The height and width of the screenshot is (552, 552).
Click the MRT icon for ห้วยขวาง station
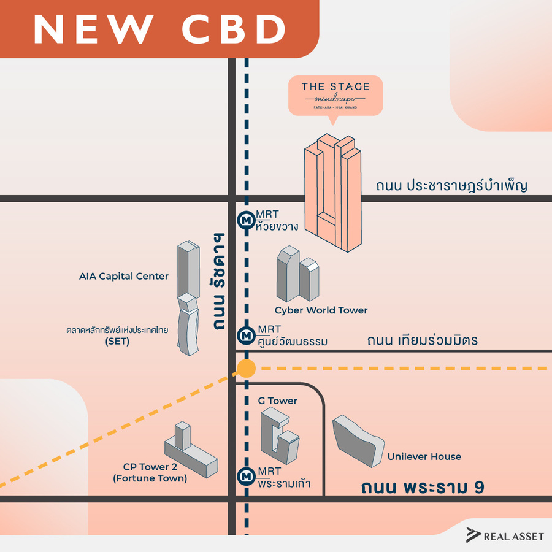point(247,219)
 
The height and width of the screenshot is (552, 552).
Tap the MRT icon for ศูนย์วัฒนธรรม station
point(247,335)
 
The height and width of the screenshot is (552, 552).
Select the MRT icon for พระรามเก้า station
point(247,476)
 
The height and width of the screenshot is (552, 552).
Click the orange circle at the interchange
point(246,369)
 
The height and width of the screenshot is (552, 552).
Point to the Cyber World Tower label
point(321,310)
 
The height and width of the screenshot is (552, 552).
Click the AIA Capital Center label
point(124,276)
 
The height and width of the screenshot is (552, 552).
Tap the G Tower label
point(278,401)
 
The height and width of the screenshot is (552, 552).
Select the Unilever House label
point(424,456)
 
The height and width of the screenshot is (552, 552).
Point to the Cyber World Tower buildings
point(297,274)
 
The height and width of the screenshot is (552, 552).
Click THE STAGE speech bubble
point(335,96)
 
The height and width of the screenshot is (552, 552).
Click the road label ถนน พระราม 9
point(423,488)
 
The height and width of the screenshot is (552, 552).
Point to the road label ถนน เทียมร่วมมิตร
point(422,340)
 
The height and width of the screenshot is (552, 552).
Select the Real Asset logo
point(505,535)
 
